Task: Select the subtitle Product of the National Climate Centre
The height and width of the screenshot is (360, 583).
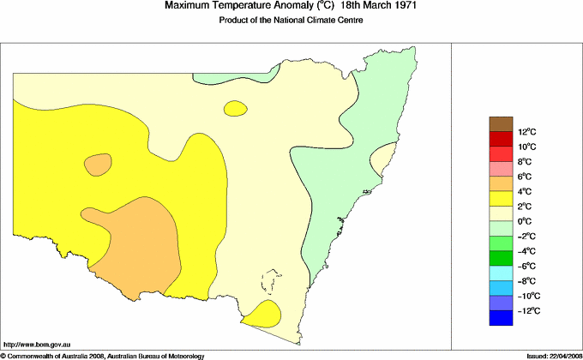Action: tap(291, 21)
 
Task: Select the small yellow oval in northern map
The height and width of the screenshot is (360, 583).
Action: tap(234, 109)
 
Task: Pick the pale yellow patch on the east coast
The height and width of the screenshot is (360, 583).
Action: tap(381, 159)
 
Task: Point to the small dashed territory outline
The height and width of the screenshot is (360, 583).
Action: tap(273, 283)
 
